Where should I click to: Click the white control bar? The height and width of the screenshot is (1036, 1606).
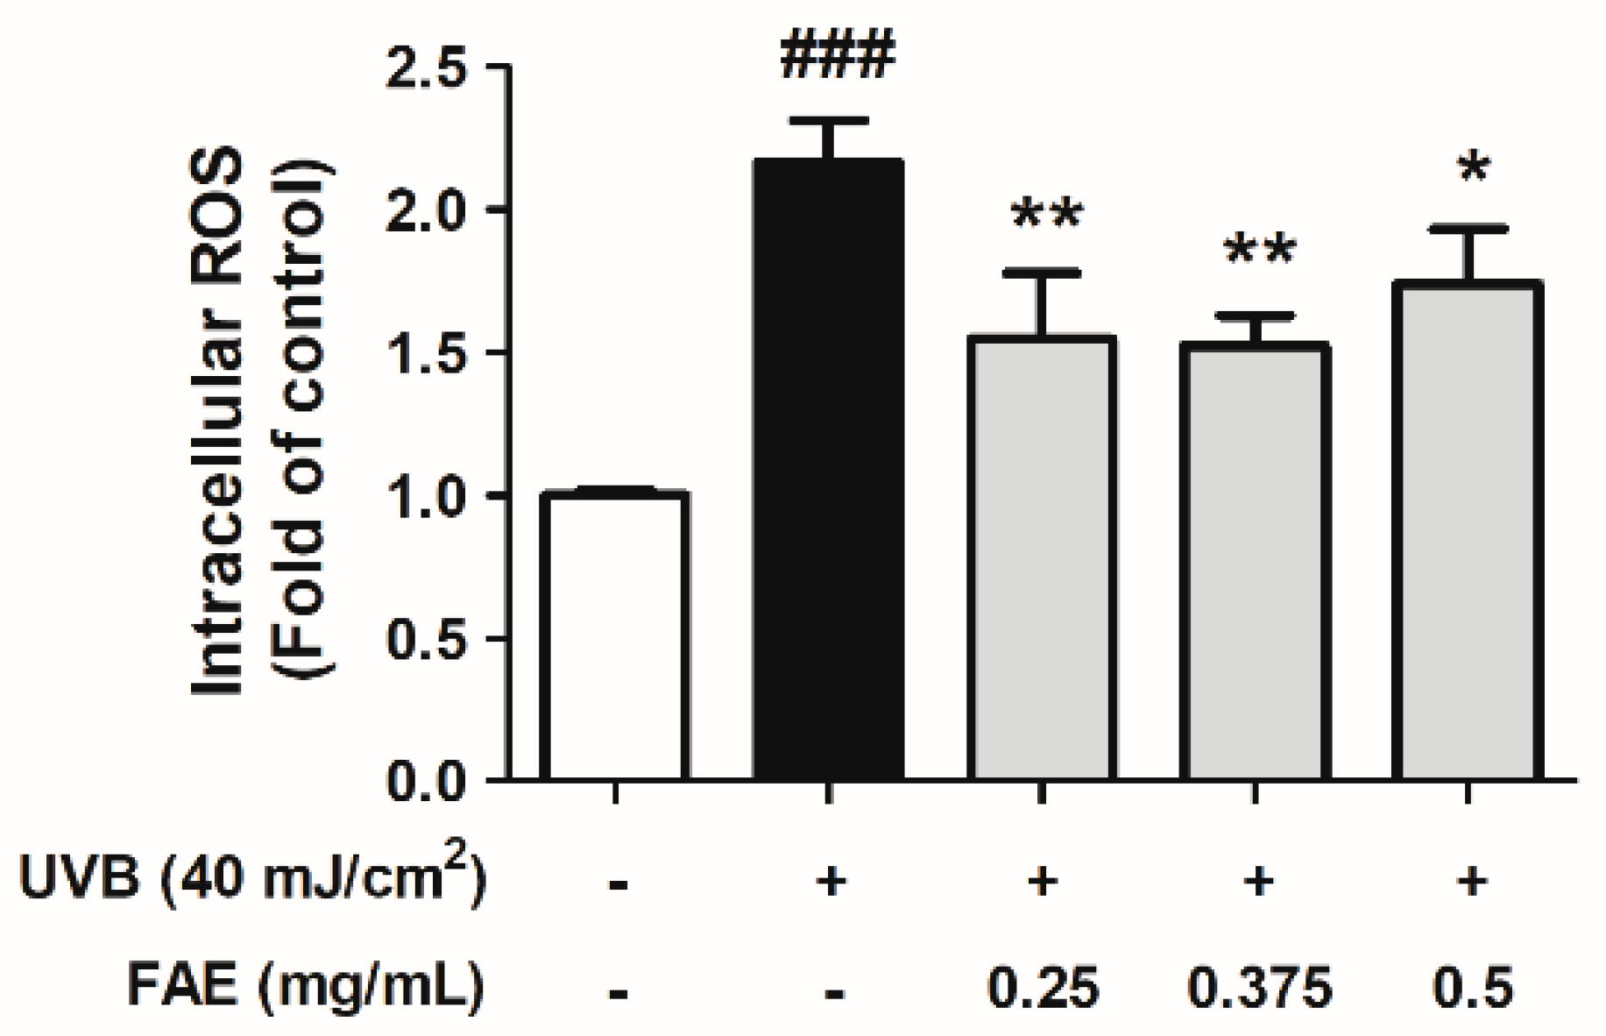(x=614, y=635)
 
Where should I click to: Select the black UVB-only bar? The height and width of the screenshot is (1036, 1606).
(x=828, y=469)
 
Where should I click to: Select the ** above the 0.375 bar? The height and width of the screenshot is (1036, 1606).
(x=1260, y=252)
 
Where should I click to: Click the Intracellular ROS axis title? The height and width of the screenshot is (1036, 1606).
(x=219, y=421)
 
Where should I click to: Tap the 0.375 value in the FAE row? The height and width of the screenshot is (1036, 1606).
(x=1259, y=987)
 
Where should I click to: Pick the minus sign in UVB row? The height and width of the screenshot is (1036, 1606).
(x=618, y=885)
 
